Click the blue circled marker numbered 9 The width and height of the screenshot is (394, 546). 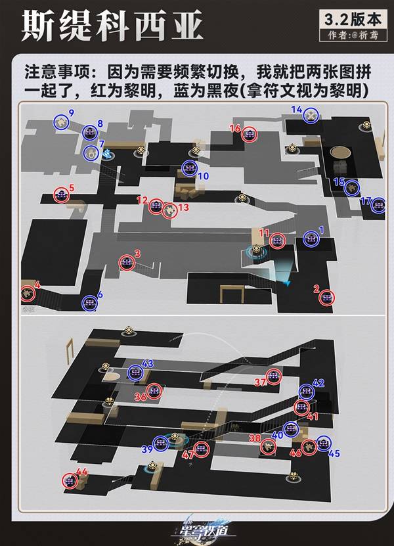point(62,122)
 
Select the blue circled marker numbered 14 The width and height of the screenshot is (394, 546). point(312,114)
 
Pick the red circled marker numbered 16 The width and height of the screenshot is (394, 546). point(249,135)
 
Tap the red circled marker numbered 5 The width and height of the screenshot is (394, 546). point(62,194)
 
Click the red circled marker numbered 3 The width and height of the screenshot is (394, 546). point(126,263)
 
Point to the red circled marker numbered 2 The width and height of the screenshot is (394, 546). point(326,298)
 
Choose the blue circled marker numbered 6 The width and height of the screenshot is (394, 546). point(89,303)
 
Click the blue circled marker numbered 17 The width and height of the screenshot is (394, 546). point(378,206)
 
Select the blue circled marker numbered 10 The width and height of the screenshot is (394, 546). point(190,168)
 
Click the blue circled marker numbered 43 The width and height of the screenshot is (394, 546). point(135,373)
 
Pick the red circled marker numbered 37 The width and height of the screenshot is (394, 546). point(274,379)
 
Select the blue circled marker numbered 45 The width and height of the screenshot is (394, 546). point(322,443)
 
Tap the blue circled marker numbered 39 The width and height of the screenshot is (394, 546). point(160,444)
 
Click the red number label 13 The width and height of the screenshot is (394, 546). point(184,208)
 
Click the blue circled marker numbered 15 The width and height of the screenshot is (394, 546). point(352,187)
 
